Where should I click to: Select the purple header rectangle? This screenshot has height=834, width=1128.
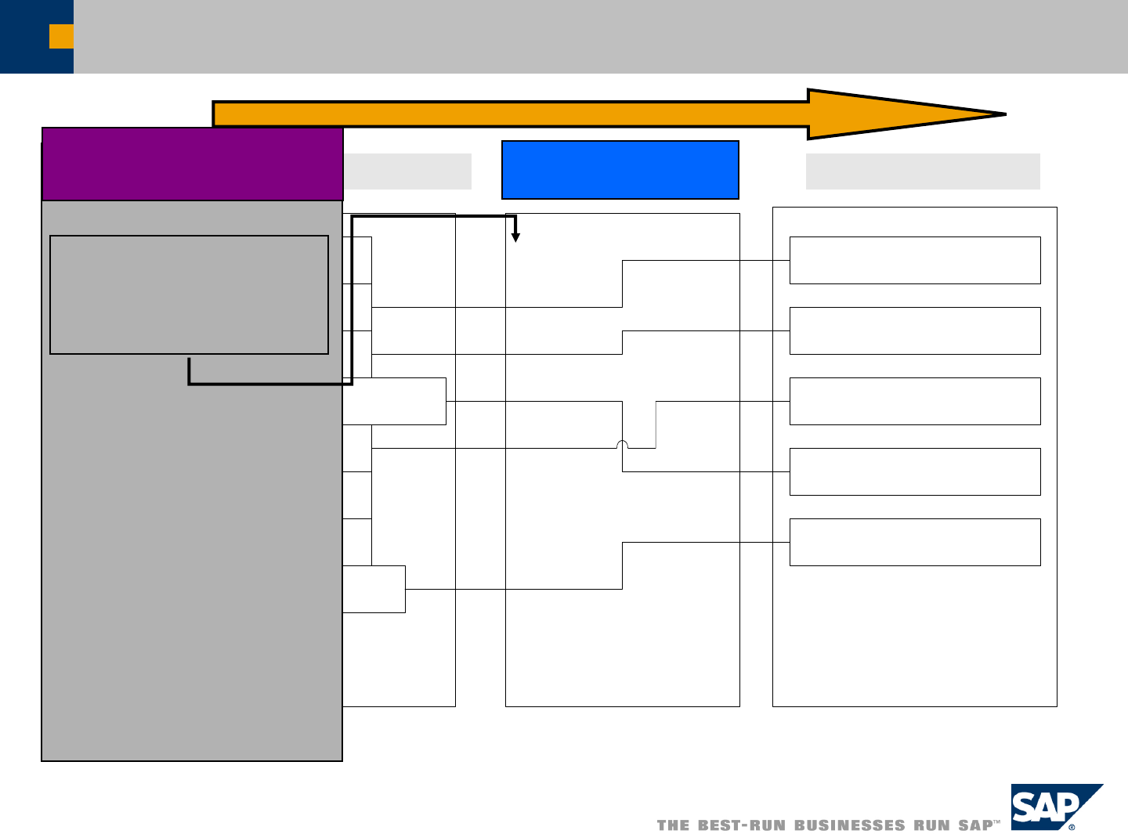[x=192, y=164]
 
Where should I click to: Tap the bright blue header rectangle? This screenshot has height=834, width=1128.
[x=620, y=170]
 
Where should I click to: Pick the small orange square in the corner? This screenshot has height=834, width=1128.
[x=61, y=36]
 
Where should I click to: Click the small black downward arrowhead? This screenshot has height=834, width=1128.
[x=515, y=237]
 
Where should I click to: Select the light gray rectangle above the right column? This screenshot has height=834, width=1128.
[x=923, y=171]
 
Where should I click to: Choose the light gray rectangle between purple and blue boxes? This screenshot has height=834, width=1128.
[x=407, y=171]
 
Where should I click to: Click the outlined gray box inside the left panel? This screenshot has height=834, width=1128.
[x=189, y=294]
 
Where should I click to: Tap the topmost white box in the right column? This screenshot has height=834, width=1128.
[x=915, y=260]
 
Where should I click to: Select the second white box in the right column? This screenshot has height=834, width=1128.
[x=915, y=330]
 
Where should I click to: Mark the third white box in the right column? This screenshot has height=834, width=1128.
[x=915, y=401]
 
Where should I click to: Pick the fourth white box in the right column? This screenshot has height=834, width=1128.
[x=915, y=471]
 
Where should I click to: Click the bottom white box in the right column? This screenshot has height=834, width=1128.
[x=915, y=542]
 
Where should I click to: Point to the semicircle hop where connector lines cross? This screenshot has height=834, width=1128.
[x=622, y=445]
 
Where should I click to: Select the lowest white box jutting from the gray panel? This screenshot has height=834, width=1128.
[x=374, y=589]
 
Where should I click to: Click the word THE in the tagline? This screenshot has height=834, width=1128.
[x=674, y=825]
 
